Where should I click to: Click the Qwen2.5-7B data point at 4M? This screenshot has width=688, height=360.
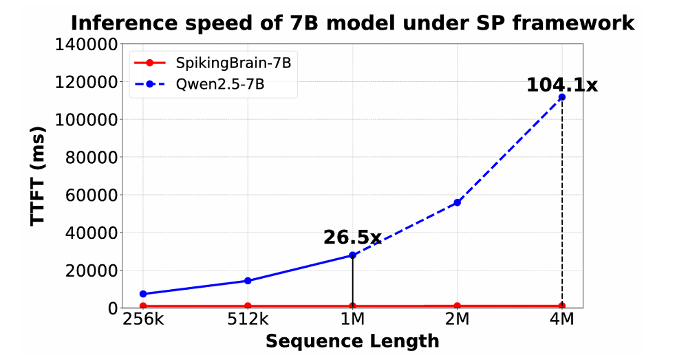pos(561,97)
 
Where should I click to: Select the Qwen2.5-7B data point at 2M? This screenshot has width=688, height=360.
pos(457,202)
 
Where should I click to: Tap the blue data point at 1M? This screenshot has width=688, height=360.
pos(352,255)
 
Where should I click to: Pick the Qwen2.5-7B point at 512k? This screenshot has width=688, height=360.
pos(248,281)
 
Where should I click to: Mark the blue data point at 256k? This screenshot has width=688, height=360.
pos(143,294)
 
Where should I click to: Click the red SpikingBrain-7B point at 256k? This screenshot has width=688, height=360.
pos(143,306)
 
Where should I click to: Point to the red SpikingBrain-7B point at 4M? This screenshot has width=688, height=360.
pos(561,306)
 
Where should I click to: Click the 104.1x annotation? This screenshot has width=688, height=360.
pos(561,85)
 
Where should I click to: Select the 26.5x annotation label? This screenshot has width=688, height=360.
pos(352,238)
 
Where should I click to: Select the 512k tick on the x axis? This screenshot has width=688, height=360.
pos(248,320)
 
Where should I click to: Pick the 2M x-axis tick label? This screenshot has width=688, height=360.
pos(457,320)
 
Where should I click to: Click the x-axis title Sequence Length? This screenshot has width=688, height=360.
pos(352,341)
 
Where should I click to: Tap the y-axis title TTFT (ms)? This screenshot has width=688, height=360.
pos(41,176)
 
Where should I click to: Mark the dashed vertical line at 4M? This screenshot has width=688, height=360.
pos(561,207)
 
